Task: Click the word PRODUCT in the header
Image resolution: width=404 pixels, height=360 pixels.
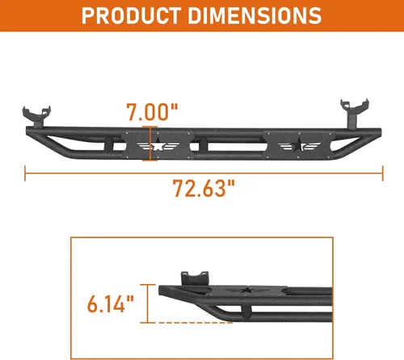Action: point(132,15)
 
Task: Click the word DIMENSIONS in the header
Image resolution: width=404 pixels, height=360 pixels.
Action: point(255,15)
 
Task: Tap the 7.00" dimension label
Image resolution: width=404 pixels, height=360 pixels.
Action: point(152,111)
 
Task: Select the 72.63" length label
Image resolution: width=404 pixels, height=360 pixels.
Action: point(204,188)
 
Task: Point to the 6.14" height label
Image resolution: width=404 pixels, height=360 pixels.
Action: point(111,303)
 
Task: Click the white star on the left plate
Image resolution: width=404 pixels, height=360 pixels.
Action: point(158,146)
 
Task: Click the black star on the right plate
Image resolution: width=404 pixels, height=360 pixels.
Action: point(299,145)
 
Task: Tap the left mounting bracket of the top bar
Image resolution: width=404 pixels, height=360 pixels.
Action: point(37,116)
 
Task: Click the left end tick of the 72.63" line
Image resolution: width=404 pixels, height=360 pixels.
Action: point(25,174)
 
